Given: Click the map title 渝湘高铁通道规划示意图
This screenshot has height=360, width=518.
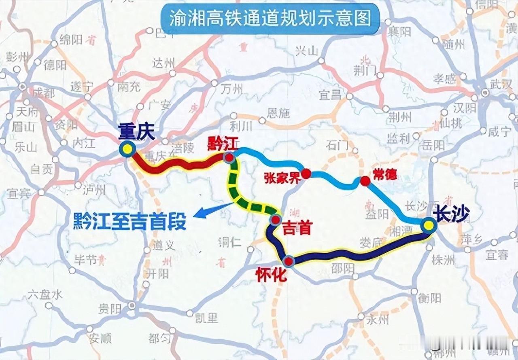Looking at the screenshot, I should click(x=270, y=19).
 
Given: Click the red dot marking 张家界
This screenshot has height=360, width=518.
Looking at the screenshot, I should click(x=306, y=174).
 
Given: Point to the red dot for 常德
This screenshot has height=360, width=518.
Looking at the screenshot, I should click(x=365, y=181).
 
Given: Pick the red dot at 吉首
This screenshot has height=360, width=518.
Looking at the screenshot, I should click(x=276, y=220).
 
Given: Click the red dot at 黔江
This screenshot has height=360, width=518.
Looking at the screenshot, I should click(x=229, y=157).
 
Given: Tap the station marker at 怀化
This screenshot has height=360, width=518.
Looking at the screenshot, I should click(x=289, y=261).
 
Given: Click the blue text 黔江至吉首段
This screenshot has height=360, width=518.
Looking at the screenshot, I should click(x=129, y=222).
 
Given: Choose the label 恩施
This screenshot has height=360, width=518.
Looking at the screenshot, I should click(x=278, y=113).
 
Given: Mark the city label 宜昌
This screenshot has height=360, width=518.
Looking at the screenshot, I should click(x=330, y=95).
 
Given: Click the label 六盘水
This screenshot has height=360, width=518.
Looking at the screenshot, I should click(x=45, y=295).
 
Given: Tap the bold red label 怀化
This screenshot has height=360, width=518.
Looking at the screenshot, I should click(x=271, y=275).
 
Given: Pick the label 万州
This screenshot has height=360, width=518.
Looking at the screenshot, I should click(x=232, y=89).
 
